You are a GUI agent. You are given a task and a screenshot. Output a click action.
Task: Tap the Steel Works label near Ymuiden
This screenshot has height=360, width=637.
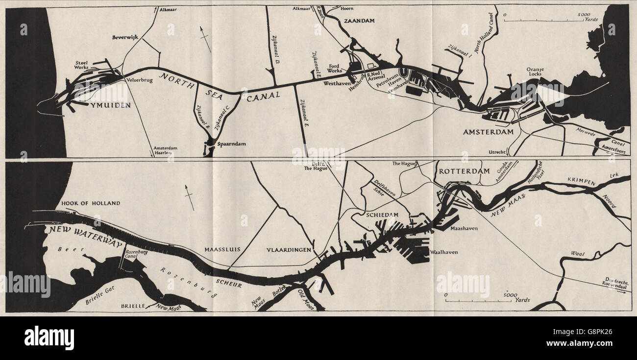pos(81,66)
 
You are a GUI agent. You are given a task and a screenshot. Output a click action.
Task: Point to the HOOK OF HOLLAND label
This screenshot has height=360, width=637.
pos(91,203)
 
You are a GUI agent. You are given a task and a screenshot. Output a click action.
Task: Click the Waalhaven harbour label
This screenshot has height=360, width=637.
pos(443,252)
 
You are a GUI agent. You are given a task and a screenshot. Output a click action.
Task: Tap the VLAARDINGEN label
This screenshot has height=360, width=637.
pos(289,250)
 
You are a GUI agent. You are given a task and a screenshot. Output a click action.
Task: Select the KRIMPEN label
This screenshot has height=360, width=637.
pos(582,183)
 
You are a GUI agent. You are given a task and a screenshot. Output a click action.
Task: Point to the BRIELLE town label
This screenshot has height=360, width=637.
pos(133,305)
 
